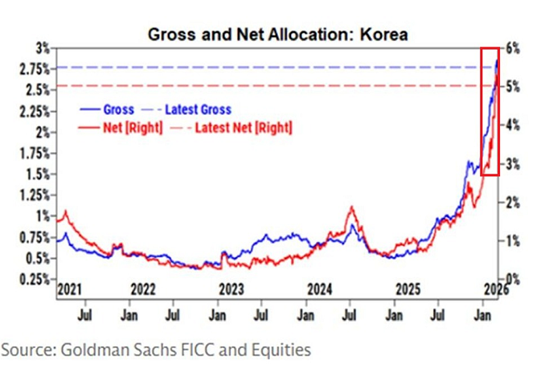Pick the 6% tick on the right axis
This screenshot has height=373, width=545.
tap(512, 48)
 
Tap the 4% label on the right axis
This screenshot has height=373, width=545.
tap(512, 125)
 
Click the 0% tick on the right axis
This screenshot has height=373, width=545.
tap(512, 279)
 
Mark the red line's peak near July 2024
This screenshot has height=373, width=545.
tap(350, 207)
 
